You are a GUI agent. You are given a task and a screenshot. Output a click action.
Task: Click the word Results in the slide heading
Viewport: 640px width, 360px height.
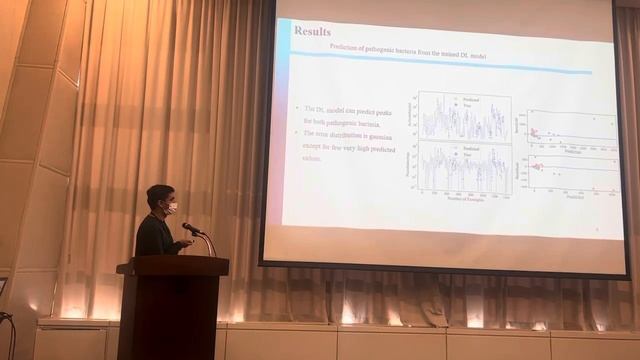pos(312,31)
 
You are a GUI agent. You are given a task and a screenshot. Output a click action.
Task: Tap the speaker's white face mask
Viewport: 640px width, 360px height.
pos(171,209)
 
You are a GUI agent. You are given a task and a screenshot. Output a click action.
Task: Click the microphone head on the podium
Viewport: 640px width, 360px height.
pos(189,229)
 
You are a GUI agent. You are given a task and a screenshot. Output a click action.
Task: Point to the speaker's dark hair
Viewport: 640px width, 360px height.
pos(159,193)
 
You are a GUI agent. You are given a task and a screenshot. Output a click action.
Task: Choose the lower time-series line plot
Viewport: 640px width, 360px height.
pos(465,169)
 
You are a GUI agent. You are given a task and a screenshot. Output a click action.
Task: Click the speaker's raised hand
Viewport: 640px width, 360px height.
pos(186,240)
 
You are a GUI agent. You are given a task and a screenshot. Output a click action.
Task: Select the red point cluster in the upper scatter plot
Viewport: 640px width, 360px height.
pos(536,133)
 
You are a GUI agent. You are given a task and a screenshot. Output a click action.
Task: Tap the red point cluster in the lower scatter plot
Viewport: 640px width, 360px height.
pos(537,166)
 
